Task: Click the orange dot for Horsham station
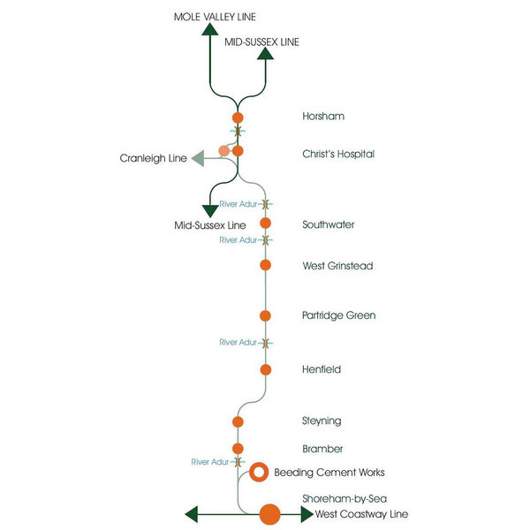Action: pos(237,117)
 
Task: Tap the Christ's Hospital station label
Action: pos(337,155)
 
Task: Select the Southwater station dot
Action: pos(265,223)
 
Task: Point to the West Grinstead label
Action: pos(337,266)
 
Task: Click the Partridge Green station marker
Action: pos(265,315)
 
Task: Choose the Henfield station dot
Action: pos(265,369)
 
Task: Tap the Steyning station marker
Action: pos(237,420)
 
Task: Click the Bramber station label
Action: pos(322,449)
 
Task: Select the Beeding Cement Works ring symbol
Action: pos(258,472)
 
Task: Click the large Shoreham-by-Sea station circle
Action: pos(269,514)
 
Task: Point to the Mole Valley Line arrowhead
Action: pos(209,29)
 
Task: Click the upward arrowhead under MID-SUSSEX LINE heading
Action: pos(264,54)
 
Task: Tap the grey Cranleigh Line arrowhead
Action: pos(197,159)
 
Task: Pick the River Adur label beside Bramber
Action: pos(211,462)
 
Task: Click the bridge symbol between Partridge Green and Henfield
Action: pos(264,342)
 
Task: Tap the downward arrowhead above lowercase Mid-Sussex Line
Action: pos(210,211)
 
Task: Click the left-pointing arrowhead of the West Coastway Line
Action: pos(190,514)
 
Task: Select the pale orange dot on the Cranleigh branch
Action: pos(223,151)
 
